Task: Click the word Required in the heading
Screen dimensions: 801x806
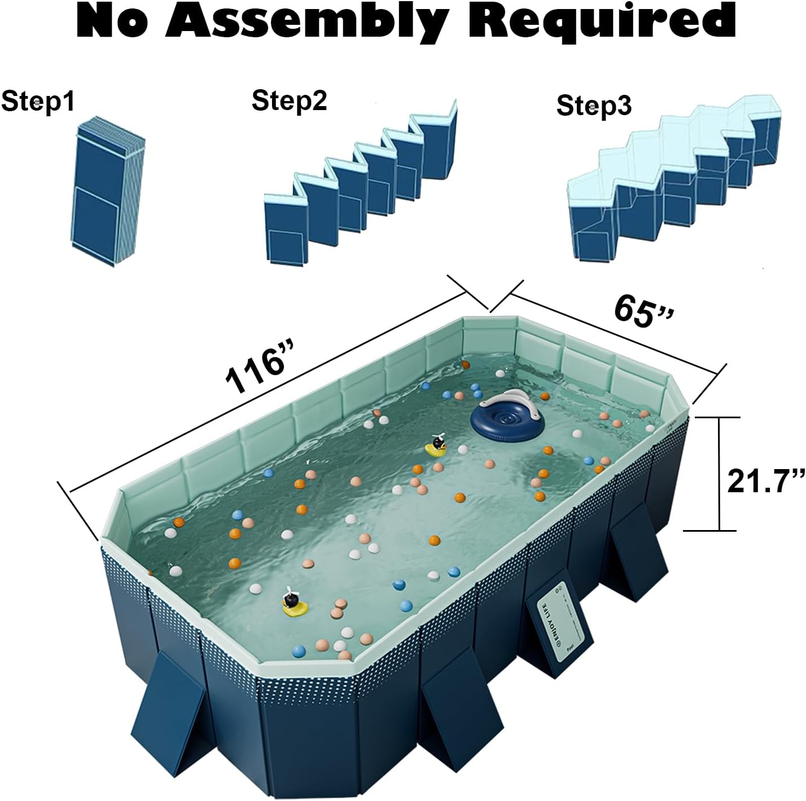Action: [602, 21]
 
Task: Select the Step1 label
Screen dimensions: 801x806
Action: [38, 102]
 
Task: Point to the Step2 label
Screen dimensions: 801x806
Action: [289, 100]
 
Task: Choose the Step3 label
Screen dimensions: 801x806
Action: [594, 106]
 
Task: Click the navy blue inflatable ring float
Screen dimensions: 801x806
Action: [507, 418]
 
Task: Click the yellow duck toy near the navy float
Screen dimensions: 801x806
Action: [437, 447]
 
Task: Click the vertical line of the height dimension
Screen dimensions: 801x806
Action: [719, 474]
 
